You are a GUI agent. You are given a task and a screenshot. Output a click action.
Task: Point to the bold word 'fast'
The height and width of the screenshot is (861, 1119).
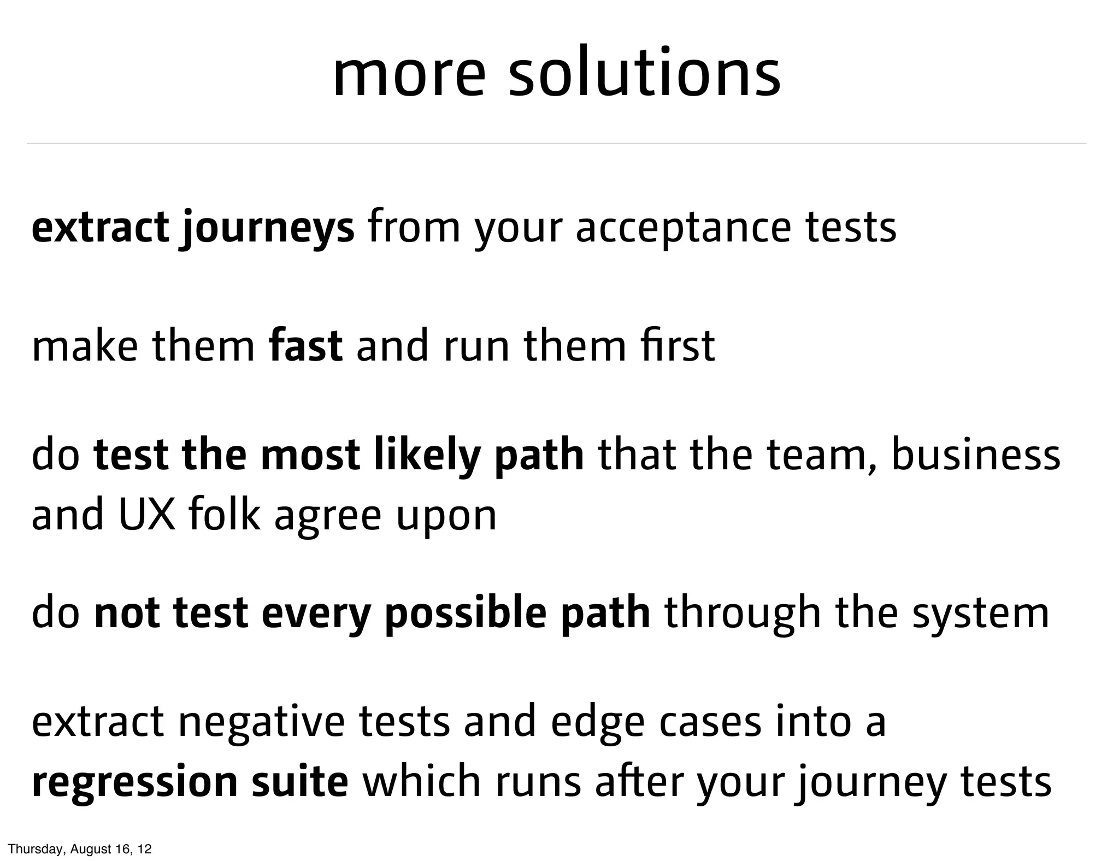point(306,346)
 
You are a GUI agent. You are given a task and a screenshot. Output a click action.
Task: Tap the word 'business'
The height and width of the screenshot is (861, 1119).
point(976,456)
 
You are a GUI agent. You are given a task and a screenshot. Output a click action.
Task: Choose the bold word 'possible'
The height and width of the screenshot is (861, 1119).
point(465,614)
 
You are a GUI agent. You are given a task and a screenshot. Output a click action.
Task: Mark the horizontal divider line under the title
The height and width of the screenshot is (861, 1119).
point(556,144)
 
